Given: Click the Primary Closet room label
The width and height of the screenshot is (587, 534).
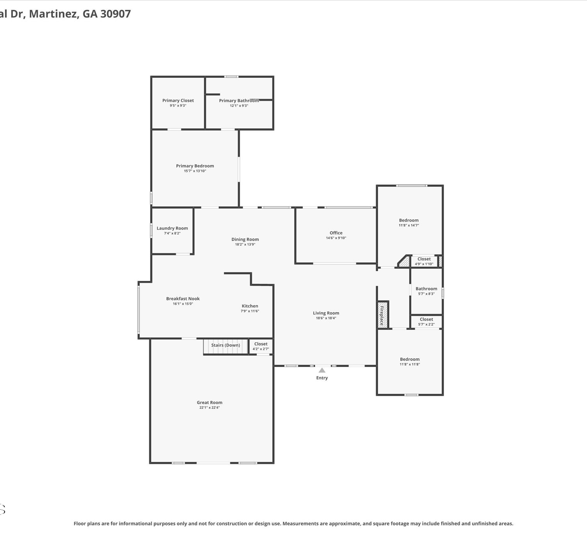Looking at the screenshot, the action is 178,101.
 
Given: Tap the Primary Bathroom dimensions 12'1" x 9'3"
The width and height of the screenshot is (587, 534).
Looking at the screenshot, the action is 239,106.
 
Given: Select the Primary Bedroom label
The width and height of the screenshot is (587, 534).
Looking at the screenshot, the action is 195,165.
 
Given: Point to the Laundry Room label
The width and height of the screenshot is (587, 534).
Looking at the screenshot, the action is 172,228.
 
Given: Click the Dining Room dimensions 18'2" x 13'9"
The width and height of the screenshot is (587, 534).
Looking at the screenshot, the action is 245,245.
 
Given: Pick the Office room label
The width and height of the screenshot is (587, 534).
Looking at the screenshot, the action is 336,233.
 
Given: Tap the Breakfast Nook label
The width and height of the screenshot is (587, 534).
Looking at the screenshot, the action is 183,298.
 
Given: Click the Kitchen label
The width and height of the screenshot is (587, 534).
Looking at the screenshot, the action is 250,306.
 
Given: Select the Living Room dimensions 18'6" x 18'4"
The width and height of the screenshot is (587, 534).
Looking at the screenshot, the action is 326,318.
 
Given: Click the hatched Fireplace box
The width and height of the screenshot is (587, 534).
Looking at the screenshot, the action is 382,315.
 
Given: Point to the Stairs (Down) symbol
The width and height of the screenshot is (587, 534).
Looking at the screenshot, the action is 226,347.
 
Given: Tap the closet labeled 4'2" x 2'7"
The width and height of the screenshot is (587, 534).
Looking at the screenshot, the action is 261,346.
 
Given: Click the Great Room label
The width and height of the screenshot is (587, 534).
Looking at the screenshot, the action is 209,402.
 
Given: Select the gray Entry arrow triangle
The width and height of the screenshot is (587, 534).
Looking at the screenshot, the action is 322,370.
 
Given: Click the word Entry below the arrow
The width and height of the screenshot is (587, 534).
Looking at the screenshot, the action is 322,378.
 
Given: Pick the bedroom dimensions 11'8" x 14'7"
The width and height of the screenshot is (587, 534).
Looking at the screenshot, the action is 409,225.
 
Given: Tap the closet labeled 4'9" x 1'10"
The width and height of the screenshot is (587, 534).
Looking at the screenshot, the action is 424,261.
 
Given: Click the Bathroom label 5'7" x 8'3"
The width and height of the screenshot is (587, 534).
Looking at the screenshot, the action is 426,288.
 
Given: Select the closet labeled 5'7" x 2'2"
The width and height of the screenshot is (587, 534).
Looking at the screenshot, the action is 426,322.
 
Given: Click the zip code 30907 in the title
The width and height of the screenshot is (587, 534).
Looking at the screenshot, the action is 115,14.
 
